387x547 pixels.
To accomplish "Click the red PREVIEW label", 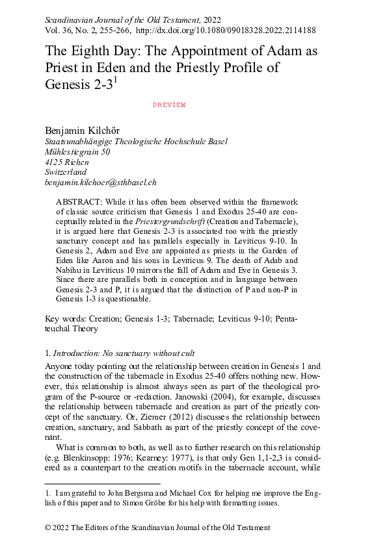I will click(x=169, y=105).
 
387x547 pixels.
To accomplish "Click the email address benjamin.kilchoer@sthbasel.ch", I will click(x=101, y=183).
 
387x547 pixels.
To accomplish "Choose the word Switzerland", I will click(x=66, y=173).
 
